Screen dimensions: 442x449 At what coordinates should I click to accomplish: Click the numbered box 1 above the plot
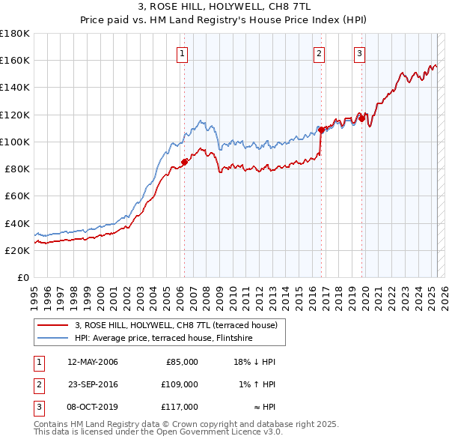(x=183, y=53)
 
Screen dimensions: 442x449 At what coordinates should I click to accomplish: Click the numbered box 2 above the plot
(x=320, y=53)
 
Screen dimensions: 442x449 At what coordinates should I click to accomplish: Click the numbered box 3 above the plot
(x=360, y=53)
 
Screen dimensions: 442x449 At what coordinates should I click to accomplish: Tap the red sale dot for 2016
(x=321, y=130)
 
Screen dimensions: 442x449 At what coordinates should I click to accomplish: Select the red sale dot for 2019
(x=361, y=118)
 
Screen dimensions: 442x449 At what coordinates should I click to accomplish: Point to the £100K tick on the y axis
(x=16, y=142)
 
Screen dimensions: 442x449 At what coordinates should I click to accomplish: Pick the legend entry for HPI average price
(x=163, y=339)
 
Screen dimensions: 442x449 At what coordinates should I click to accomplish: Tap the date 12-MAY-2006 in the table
(x=93, y=362)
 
